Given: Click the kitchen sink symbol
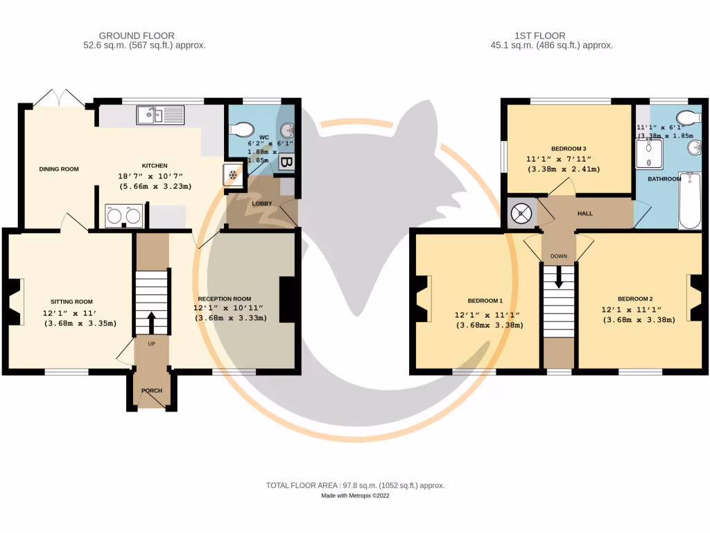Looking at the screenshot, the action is click(160, 115).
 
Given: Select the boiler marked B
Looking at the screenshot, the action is click(285, 162).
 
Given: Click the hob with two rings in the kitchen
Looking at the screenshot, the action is click(123, 217).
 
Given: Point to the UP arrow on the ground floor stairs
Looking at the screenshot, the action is click(151, 323).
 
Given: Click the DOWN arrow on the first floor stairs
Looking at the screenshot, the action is click(559, 277).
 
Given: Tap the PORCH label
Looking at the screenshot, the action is click(152, 391).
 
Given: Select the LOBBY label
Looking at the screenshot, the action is click(262, 203).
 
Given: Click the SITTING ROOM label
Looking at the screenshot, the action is click(71, 302).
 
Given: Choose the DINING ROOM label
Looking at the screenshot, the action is click(59, 169).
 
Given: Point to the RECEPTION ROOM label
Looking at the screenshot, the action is click(225, 299).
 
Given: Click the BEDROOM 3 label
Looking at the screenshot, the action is click(569, 149).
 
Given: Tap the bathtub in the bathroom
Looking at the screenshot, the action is click(690, 201).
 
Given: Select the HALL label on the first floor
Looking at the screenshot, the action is click(585, 214).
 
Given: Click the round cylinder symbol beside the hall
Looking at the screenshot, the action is click(521, 213).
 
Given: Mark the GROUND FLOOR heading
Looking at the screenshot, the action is click(137, 36).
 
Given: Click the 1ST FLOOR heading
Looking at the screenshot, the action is click(540, 36).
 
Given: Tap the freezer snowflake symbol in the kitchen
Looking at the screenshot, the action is click(233, 175).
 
